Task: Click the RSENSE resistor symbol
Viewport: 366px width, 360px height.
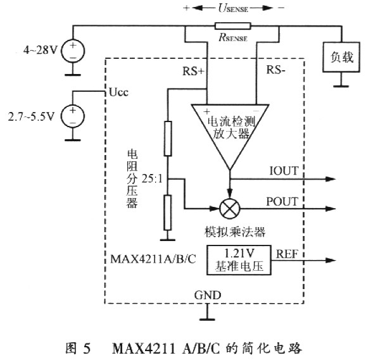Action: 232,27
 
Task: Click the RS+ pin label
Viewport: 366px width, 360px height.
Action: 192,71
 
